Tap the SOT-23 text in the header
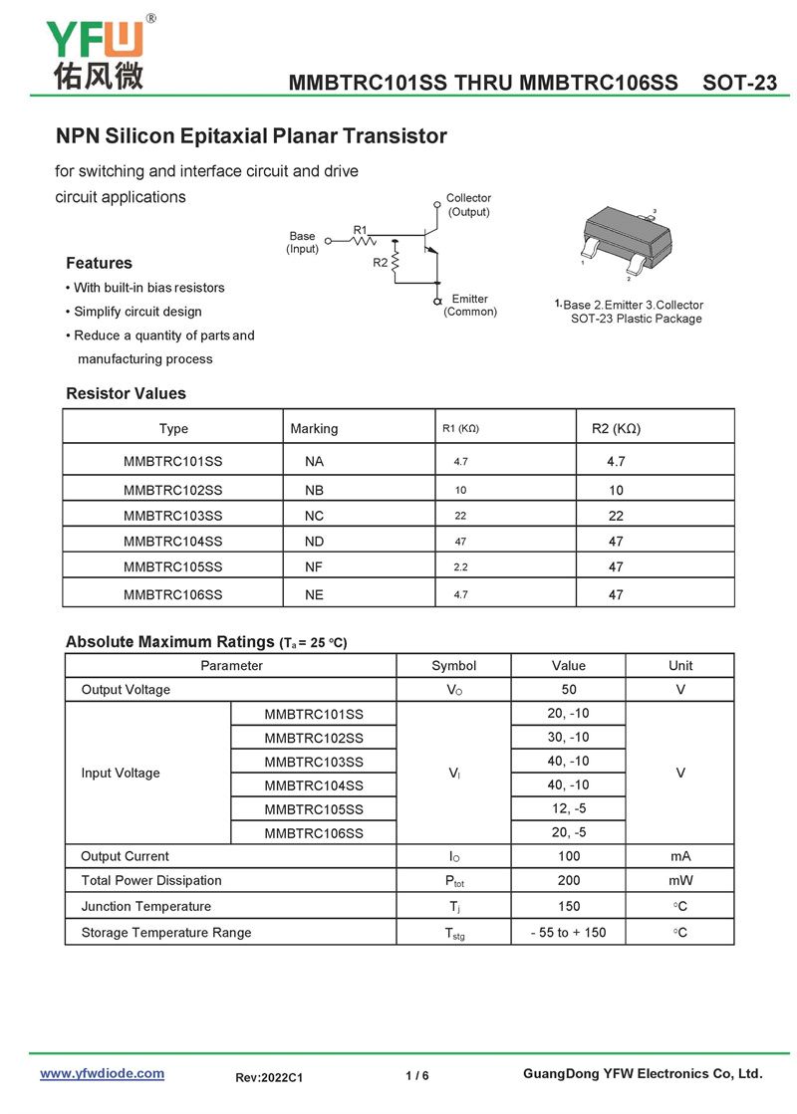coord(739,83)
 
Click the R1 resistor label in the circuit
coord(361,230)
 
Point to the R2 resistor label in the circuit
coord(381,263)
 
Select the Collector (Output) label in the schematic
coord(468,205)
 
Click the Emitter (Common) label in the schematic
coord(470,306)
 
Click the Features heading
coord(99,264)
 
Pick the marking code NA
coord(315,462)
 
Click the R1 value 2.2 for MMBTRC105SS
coord(460,567)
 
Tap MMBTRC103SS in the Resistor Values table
coord(173,516)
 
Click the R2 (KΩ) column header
coord(616,429)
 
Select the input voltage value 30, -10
coord(569,738)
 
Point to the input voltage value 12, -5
coord(569,809)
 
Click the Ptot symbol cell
coord(454,881)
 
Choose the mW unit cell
coord(681,881)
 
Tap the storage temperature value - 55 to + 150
coord(569,933)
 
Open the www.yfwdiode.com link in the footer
coord(102,1073)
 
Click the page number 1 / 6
coord(417,1076)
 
